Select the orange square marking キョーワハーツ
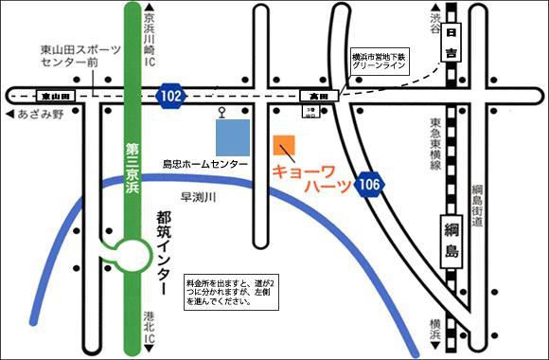coord(284,147)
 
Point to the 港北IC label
coord(148,330)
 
